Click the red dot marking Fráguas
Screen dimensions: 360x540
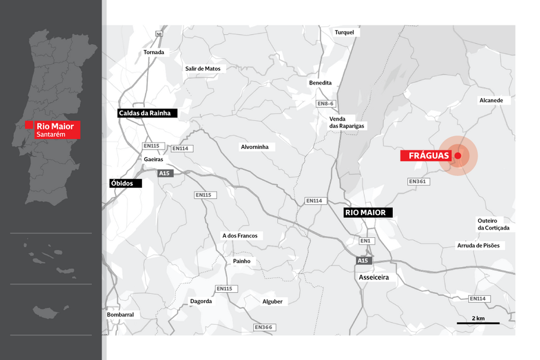(458, 156)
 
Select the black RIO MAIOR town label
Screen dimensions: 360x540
(365, 213)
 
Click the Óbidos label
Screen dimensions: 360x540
(122, 183)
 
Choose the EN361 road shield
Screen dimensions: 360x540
(417, 182)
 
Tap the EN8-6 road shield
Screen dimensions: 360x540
(326, 104)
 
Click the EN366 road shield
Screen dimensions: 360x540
(263, 328)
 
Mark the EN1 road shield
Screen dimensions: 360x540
(365, 241)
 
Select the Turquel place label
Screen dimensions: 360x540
(344, 32)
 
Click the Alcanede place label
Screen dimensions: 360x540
(491, 100)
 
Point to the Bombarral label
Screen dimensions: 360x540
(121, 315)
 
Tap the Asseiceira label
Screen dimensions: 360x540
(374, 278)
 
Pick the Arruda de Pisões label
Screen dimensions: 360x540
(478, 245)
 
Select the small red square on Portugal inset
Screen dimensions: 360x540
(29, 124)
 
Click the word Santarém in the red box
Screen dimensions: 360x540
(50, 134)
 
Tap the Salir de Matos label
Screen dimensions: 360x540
(203, 68)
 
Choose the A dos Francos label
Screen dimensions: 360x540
(240, 235)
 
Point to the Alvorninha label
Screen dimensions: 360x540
(255, 147)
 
